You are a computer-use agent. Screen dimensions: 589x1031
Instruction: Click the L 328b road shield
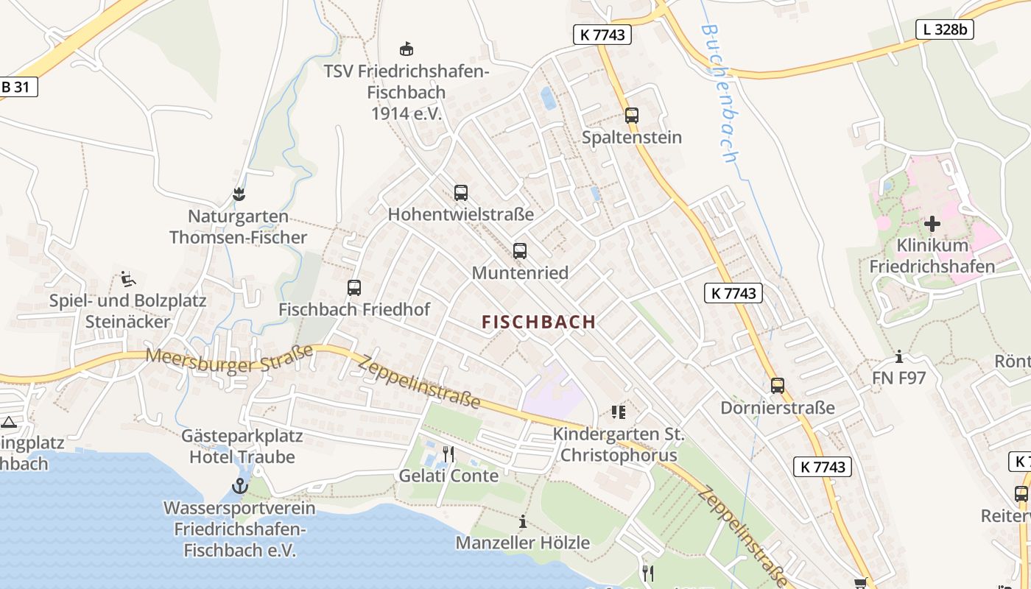(945, 29)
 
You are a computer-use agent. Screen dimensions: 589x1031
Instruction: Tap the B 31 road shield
(16, 87)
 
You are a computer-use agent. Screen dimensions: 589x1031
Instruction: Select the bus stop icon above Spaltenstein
(632, 115)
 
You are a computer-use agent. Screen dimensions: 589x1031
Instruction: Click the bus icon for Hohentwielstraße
(461, 193)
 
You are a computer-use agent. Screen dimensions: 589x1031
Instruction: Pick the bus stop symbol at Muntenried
(520, 251)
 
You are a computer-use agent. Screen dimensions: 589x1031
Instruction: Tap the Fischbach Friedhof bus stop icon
(354, 288)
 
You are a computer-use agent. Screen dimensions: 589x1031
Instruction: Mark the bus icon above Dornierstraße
(778, 386)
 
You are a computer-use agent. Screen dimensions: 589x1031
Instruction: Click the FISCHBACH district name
(538, 322)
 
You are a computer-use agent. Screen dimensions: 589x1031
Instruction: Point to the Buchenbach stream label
(719, 93)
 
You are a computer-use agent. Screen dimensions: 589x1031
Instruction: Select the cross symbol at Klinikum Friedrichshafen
(932, 223)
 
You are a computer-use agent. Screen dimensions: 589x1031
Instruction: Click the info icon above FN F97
(899, 358)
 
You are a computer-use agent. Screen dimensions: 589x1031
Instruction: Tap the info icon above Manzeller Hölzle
(523, 522)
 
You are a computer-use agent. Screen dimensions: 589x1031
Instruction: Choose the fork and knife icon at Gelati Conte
(448, 454)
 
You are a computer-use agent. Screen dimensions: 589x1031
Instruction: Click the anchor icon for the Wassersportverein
(239, 486)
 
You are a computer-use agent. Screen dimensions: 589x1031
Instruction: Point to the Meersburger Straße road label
(229, 360)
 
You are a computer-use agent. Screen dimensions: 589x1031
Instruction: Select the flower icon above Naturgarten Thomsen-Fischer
(238, 195)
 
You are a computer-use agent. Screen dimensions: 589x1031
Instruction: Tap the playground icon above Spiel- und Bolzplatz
(127, 279)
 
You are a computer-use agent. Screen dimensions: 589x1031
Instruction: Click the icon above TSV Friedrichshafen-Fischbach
(406, 49)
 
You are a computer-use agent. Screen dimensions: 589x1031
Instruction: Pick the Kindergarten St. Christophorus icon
(618, 412)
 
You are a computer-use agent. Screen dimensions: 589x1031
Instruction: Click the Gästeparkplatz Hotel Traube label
(242, 446)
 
